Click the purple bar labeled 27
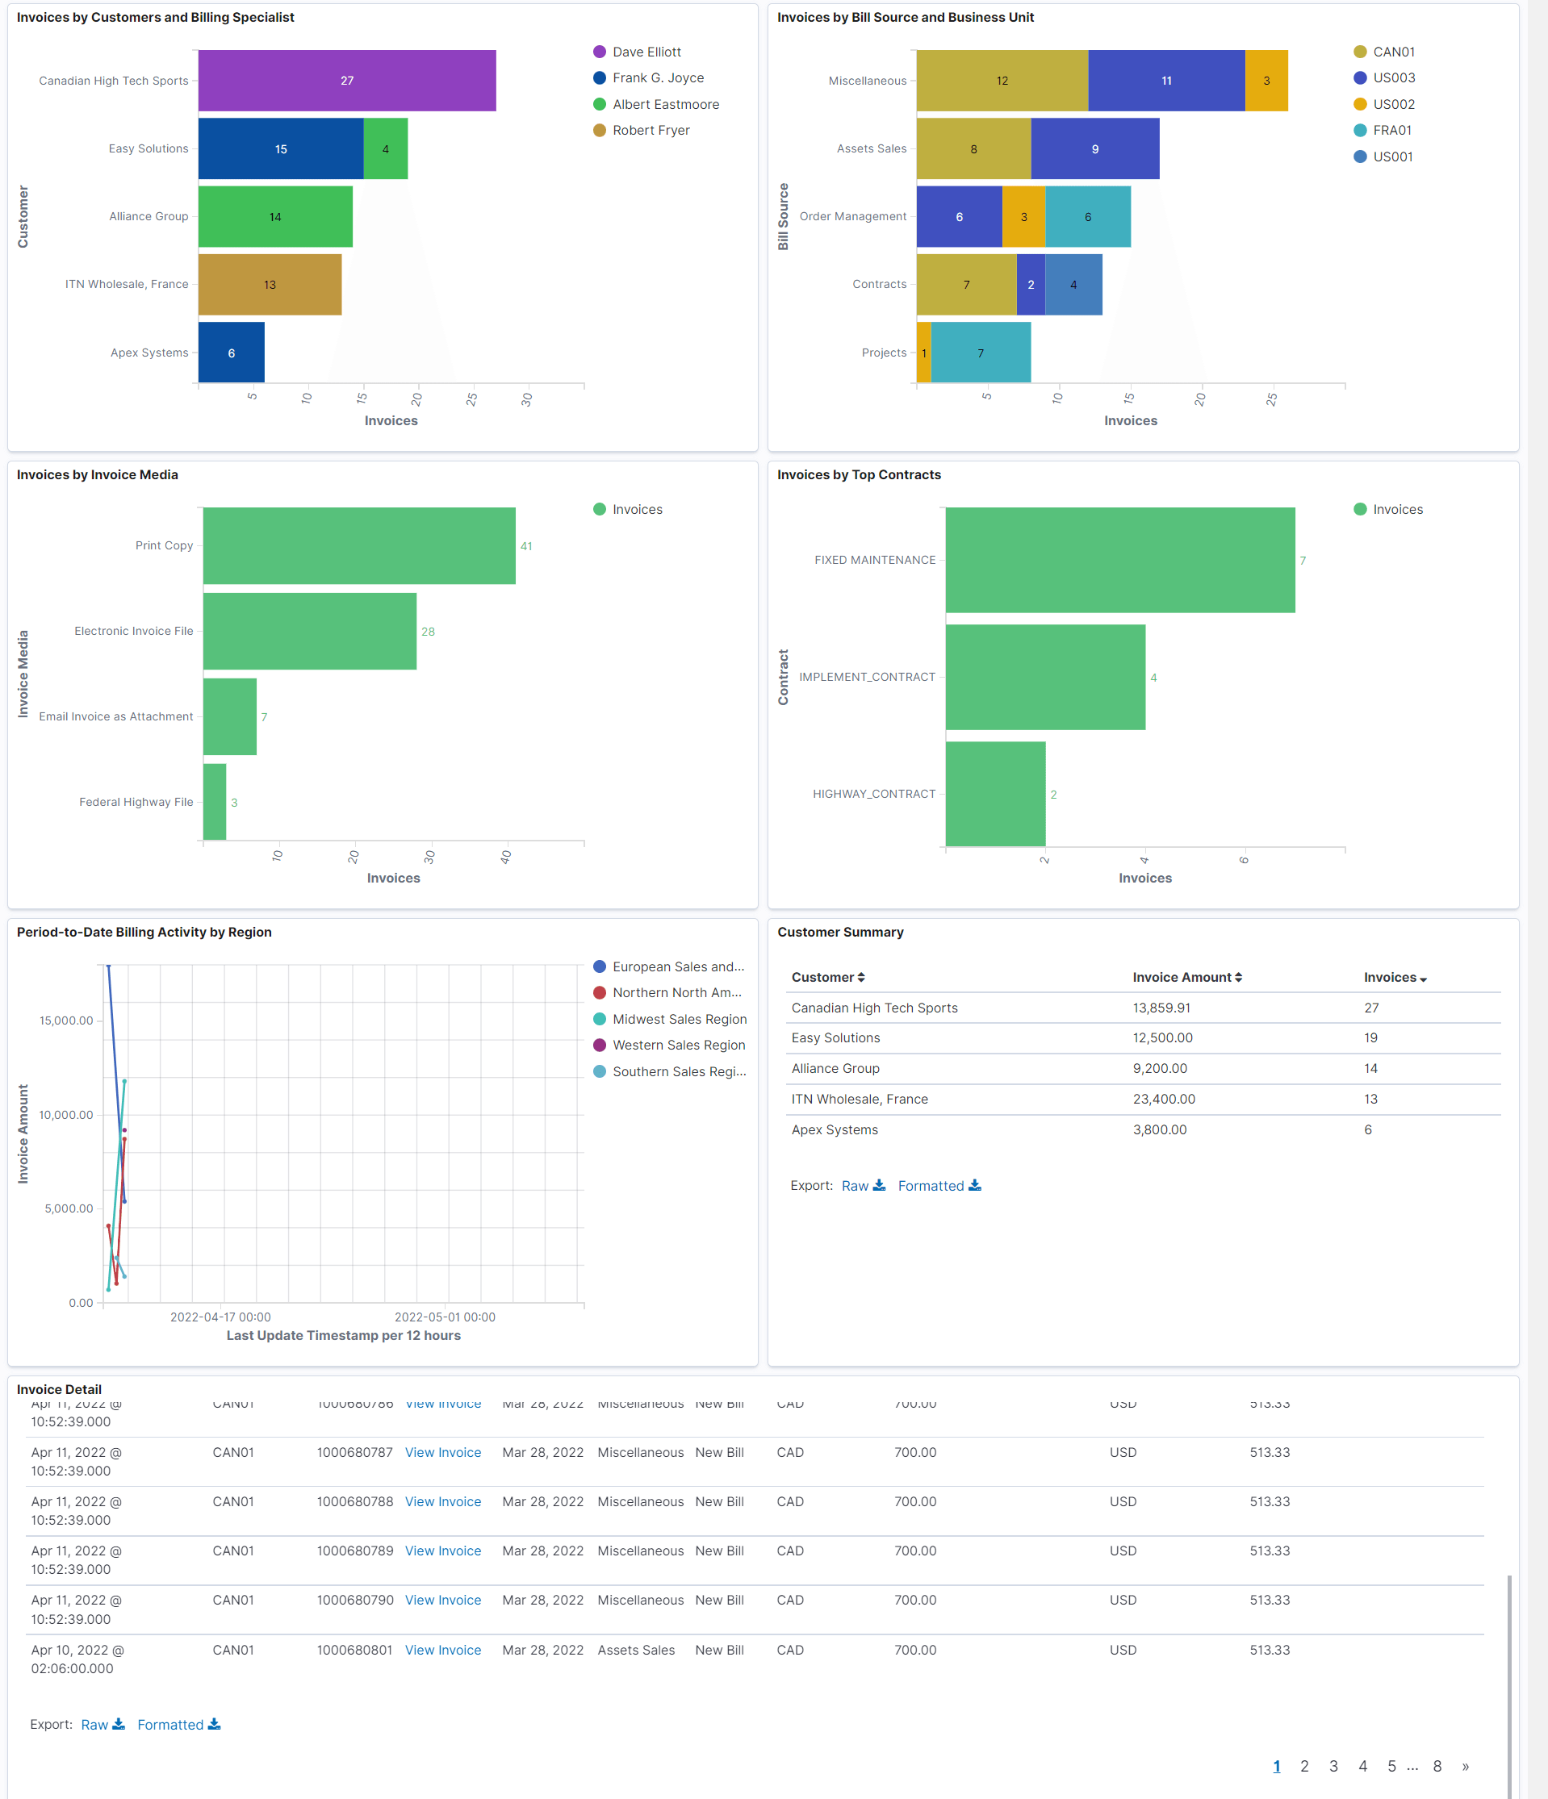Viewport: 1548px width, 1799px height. click(346, 81)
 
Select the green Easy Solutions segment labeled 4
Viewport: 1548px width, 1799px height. click(385, 148)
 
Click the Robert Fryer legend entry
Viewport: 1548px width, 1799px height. click(650, 130)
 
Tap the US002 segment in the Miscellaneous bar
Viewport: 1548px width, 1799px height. click(1266, 81)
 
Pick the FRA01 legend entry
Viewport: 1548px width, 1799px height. click(1391, 130)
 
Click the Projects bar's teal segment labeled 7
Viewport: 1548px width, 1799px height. click(980, 353)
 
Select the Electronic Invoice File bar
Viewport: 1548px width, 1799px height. click(309, 631)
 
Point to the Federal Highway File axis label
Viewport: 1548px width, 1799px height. click(136, 801)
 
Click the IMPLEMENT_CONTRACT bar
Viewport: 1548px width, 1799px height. click(1044, 677)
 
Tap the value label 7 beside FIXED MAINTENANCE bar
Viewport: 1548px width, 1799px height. click(1302, 561)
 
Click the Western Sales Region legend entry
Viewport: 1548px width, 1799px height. click(678, 1046)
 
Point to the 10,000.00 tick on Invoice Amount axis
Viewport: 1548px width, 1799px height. click(66, 1115)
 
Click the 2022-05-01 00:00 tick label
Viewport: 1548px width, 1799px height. click(445, 1317)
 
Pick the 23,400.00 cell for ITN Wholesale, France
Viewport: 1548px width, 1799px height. click(1163, 1100)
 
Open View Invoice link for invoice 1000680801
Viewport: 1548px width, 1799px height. click(442, 1650)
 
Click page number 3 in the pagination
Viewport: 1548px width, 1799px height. click(1333, 1766)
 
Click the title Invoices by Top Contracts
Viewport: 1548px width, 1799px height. click(858, 475)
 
